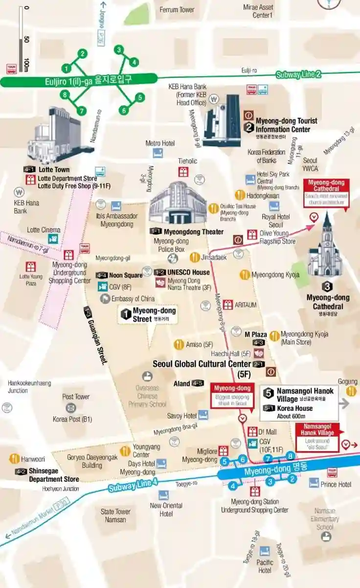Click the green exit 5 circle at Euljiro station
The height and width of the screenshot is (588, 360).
coord(140,97)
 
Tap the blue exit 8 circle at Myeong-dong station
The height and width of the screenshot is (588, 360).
coord(290,456)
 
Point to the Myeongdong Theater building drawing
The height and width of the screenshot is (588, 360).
coord(178,204)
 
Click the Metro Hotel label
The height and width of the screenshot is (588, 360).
coord(160,143)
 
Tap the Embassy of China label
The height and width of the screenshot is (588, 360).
coord(133,298)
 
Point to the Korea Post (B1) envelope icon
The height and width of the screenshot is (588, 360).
coord(71,408)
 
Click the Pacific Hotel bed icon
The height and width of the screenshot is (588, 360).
coord(265,551)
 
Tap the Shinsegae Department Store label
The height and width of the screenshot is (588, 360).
coord(53,475)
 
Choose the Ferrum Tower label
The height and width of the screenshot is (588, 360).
coord(177,10)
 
